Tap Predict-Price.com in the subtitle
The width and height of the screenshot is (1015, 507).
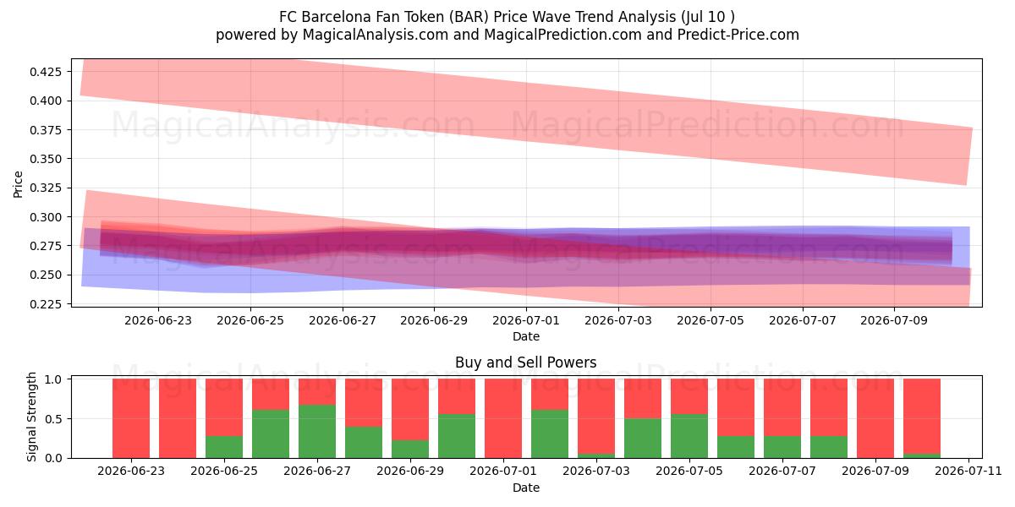tap(738, 35)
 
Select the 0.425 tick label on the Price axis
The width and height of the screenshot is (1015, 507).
tap(46, 72)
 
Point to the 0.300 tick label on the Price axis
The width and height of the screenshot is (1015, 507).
tap(46, 217)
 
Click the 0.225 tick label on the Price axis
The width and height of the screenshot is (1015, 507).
tap(46, 304)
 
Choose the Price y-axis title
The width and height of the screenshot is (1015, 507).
tap(18, 184)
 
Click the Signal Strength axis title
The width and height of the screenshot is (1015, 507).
tap(31, 417)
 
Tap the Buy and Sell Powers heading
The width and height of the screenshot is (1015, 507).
tap(525, 363)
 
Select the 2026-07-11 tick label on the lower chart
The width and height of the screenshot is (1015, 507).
tap(968, 471)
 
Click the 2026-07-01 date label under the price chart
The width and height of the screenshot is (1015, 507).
tap(526, 320)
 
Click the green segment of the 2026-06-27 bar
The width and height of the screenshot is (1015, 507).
tap(317, 432)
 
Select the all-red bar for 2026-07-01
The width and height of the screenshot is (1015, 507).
tap(503, 418)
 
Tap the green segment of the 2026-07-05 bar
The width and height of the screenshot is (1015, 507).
tap(689, 436)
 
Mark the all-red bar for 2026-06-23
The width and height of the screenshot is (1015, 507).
tap(131, 418)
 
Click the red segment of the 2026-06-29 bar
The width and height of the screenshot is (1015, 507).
tap(410, 410)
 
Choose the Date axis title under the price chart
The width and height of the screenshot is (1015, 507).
tap(526, 336)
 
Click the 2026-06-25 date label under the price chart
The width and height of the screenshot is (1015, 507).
tap(250, 320)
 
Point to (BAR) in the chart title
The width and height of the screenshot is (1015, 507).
tap(469, 17)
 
